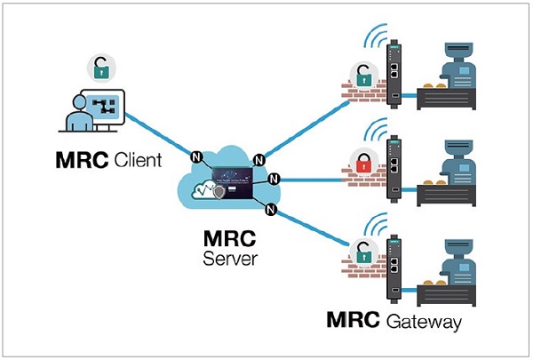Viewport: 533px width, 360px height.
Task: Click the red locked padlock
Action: pos(362,163)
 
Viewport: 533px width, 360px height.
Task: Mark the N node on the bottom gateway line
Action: pos(272,210)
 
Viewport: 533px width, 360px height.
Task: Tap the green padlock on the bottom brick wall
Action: pos(362,248)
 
